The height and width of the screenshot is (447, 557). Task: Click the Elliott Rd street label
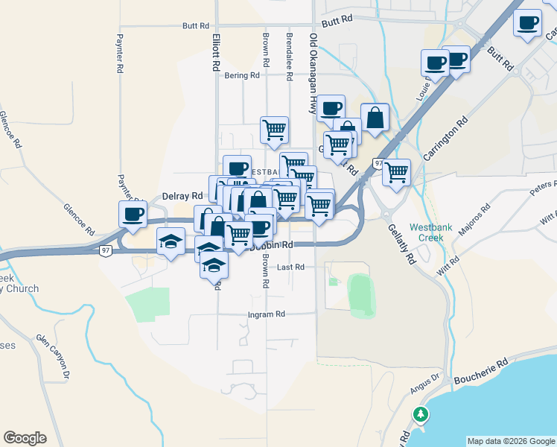click(216, 52)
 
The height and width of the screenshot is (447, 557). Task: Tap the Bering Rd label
click(244, 75)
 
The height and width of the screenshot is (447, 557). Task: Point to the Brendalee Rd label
click(288, 56)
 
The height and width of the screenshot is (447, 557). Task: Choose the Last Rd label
click(290, 267)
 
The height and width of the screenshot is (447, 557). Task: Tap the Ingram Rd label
click(267, 315)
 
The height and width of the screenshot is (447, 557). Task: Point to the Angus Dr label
click(425, 384)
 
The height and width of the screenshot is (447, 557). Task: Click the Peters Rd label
click(543, 188)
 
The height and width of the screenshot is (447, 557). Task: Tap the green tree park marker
click(421, 414)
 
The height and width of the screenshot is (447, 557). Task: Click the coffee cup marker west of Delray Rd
click(133, 214)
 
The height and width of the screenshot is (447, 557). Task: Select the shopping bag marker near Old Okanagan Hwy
click(375, 118)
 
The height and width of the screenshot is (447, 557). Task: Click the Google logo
click(25, 438)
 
